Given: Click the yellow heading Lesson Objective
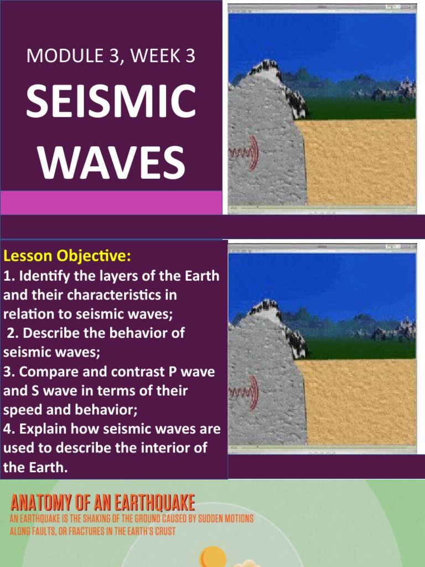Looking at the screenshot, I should point(67,256).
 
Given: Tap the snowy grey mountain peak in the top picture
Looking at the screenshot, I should point(265,69).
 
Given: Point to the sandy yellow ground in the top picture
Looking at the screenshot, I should point(360,161).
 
